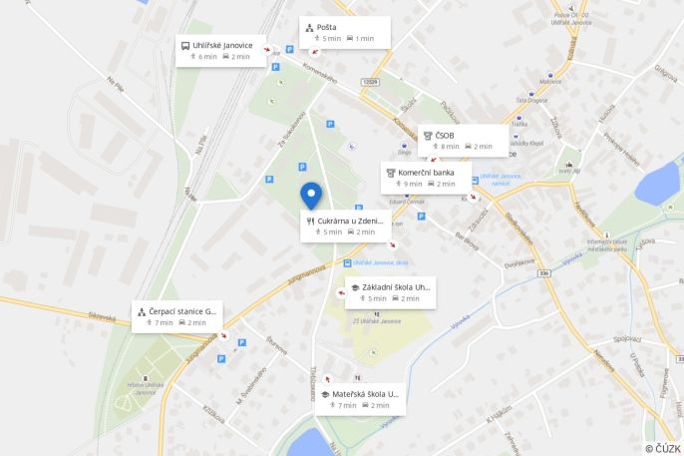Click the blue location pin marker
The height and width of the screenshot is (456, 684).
point(311,196)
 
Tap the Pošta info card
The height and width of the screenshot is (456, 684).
point(343,32)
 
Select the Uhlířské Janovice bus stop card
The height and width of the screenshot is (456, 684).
point(220,51)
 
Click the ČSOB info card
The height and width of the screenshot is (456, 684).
point(462,141)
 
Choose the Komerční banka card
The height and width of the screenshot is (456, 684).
point(424,178)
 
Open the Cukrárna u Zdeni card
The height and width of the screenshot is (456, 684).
point(344,226)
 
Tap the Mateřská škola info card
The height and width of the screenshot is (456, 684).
point(359,399)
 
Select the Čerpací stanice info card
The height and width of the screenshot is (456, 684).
point(174,315)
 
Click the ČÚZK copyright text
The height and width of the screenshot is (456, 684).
point(662,448)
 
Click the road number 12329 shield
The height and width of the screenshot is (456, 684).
point(370,82)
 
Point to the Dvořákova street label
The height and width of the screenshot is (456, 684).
point(521,264)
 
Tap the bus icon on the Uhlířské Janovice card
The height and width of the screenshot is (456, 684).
point(185,45)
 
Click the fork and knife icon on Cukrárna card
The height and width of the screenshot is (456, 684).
point(310,221)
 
